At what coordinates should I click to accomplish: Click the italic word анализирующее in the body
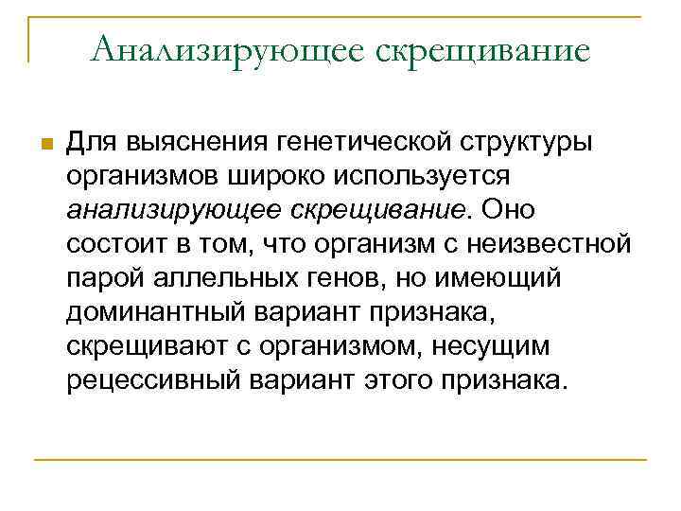click(166, 210)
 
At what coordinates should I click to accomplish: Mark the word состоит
click(113, 244)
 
